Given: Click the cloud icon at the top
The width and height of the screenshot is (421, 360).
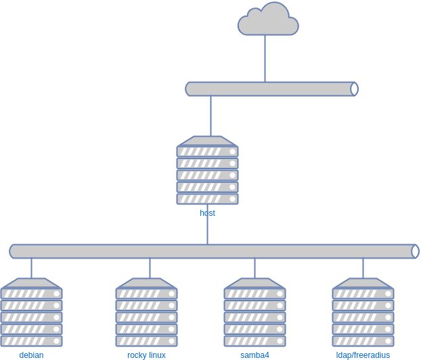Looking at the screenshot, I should click(x=268, y=20).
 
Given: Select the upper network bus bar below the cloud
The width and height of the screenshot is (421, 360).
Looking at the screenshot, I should click(x=271, y=89).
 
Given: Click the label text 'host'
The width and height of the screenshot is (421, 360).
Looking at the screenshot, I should click(x=207, y=213).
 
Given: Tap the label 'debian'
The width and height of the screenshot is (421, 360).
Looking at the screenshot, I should click(x=31, y=355).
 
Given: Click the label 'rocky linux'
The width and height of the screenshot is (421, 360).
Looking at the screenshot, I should click(x=146, y=355).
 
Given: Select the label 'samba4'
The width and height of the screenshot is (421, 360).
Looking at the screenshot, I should click(x=254, y=355).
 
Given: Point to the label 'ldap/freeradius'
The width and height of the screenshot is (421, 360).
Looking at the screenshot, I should click(x=363, y=355).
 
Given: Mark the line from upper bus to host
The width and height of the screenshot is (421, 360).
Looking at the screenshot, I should click(x=210, y=116).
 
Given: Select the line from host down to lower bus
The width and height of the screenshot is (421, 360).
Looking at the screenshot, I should click(x=207, y=231).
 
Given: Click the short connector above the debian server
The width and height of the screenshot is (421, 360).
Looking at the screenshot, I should click(x=31, y=268).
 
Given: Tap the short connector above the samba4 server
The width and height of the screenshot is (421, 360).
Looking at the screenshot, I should click(x=254, y=268).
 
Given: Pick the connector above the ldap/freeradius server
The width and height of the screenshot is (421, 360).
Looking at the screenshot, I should click(x=363, y=268).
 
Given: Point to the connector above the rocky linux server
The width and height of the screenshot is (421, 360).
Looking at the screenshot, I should click(x=150, y=268).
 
